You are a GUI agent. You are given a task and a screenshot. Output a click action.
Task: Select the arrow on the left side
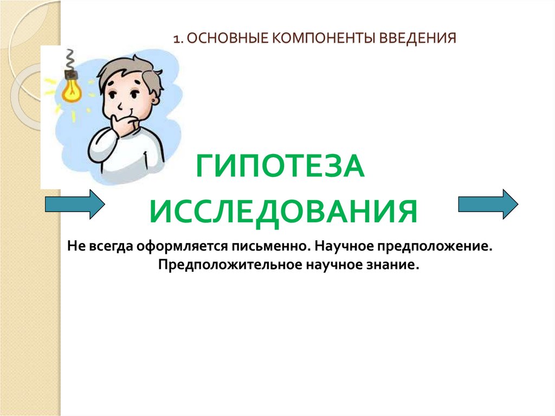click(x=74, y=204)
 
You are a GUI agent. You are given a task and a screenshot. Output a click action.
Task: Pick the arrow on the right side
click(x=488, y=204)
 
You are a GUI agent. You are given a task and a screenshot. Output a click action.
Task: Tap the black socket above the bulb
click(x=70, y=72)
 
